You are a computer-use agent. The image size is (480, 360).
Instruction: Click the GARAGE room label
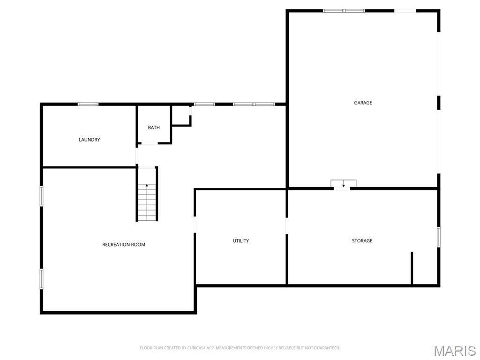click(363, 103)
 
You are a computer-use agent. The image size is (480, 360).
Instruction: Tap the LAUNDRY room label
click(89, 140)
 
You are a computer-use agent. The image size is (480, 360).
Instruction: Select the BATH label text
click(154, 127)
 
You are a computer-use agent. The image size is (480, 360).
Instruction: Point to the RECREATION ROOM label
click(124, 245)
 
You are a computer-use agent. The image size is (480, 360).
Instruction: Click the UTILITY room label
click(241, 241)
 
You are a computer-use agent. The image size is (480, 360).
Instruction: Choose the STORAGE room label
click(362, 241)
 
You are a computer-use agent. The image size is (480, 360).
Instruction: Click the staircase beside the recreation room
click(147, 202)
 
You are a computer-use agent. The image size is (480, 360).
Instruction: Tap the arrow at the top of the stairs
click(147, 186)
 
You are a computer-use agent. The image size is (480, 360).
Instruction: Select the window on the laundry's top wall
click(88, 104)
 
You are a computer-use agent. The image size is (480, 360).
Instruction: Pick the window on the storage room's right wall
click(439, 237)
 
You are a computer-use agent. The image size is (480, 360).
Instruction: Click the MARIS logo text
click(455, 351)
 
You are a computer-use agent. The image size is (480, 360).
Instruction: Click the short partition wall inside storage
click(412, 268)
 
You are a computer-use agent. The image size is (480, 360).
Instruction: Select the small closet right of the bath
click(181, 115)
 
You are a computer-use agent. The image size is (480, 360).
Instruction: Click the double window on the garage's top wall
click(344, 10)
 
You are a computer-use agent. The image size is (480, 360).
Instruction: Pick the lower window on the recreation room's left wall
click(41, 278)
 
